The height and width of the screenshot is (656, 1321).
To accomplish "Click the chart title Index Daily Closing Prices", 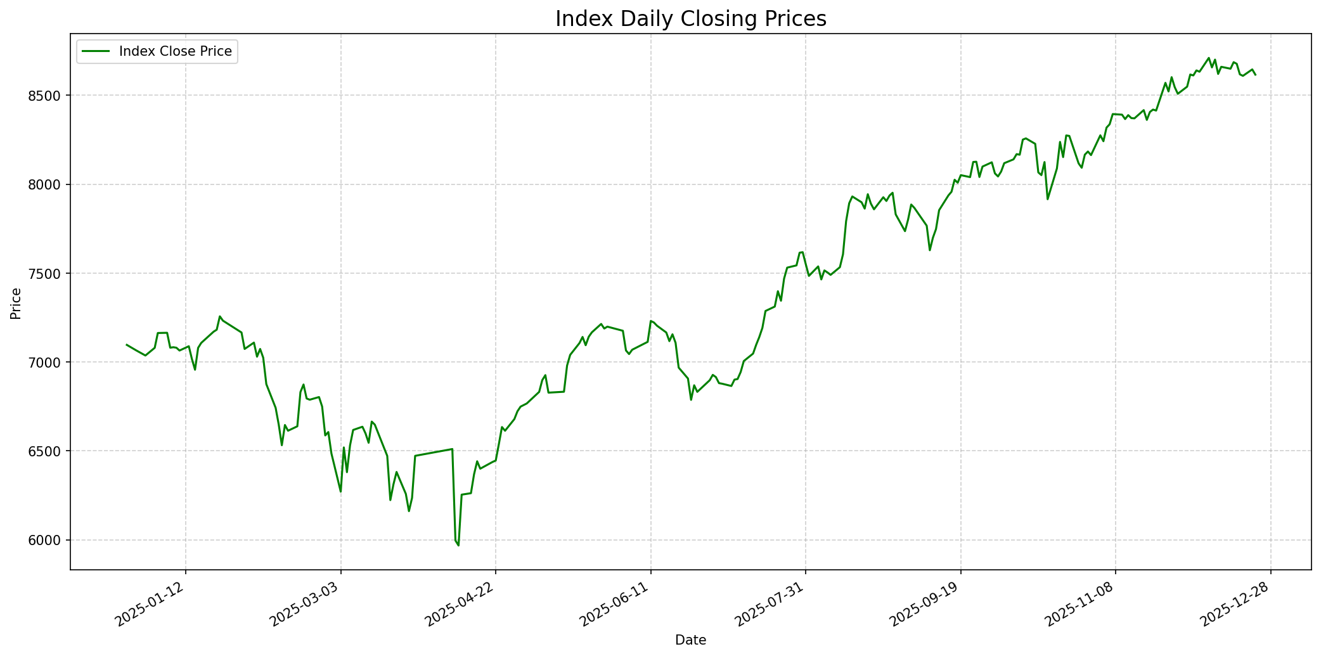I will pyautogui.click(x=690, y=19).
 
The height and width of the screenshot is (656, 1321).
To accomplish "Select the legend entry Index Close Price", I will pyautogui.click(x=175, y=51).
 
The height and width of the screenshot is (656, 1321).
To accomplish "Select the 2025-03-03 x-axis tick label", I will pyautogui.click(x=306, y=605).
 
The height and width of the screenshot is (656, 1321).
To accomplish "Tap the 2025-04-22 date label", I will pyautogui.click(x=461, y=605).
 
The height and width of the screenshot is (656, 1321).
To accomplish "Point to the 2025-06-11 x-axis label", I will pyautogui.click(x=616, y=605).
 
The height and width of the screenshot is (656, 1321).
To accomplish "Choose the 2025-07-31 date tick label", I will pyautogui.click(x=771, y=605).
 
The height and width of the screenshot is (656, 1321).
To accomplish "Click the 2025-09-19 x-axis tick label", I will pyautogui.click(x=926, y=605).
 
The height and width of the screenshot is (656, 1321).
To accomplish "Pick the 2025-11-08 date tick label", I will pyautogui.click(x=1081, y=605).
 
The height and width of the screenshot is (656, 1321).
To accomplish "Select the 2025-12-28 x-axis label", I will pyautogui.click(x=1236, y=605).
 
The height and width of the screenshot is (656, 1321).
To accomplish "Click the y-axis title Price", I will pyautogui.click(x=16, y=303).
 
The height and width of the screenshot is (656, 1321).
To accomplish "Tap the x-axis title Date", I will pyautogui.click(x=690, y=640).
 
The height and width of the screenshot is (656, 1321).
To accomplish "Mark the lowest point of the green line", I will pyautogui.click(x=458, y=545).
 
